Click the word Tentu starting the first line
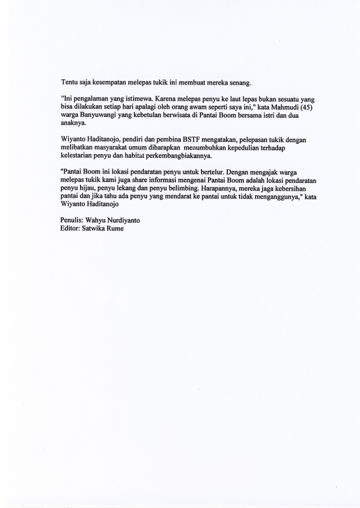click(x=68, y=83)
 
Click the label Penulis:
click(x=72, y=221)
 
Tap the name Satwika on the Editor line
click(x=94, y=229)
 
